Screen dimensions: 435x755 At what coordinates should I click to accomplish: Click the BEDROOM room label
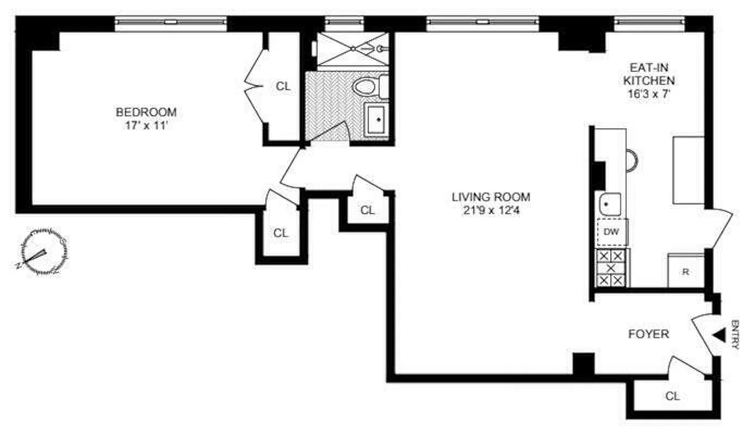click(146, 112)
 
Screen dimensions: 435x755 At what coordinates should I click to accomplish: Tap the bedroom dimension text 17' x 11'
click(146, 125)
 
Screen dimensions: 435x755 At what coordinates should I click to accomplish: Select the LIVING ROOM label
click(491, 197)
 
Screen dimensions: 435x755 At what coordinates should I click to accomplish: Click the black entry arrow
click(720, 335)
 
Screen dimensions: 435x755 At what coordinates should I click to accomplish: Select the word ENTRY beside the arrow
click(735, 334)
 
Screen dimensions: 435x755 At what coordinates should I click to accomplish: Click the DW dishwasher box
click(612, 232)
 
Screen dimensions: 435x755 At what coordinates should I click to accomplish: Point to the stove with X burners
click(611, 268)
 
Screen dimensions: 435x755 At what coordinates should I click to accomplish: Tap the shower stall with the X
click(352, 49)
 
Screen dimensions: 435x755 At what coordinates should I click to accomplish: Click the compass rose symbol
click(41, 253)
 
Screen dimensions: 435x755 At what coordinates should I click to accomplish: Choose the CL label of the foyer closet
click(672, 396)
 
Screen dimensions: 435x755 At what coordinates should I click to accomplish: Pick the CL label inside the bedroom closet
click(283, 86)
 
